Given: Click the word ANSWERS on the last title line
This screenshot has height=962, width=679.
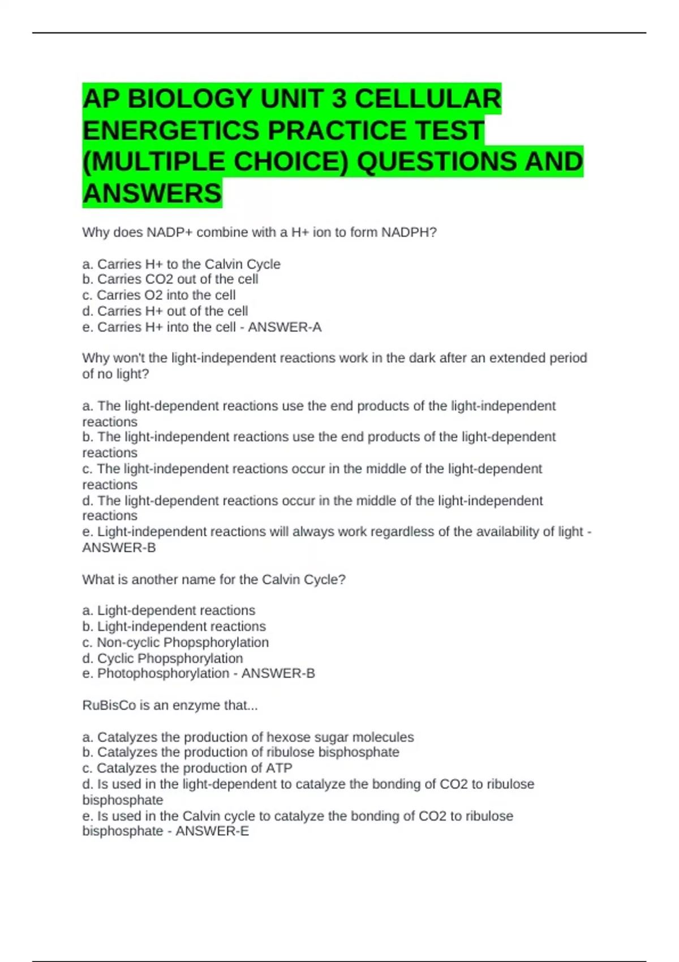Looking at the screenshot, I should [x=152, y=194].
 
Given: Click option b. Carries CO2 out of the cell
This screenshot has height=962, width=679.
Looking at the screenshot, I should [x=170, y=280].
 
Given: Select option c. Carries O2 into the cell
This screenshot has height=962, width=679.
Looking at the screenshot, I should [x=159, y=295].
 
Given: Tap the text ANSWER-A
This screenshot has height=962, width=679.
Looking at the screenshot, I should [x=285, y=327].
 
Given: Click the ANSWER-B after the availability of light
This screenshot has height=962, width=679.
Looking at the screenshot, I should [x=119, y=548].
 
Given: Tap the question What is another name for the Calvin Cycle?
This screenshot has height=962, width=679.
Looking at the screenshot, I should [x=214, y=579].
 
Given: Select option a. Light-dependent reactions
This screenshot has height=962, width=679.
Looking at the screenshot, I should [x=169, y=611].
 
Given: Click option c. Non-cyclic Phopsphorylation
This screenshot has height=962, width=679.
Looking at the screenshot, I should [x=175, y=642].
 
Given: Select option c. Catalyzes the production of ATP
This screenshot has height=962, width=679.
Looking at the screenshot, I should [x=187, y=768].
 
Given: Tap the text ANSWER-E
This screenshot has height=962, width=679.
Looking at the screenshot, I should [x=212, y=831].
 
